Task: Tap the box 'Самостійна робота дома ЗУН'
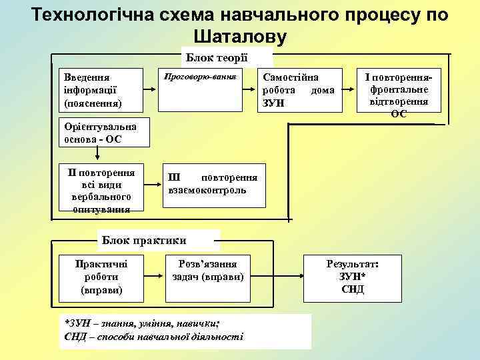click(x=300, y=89)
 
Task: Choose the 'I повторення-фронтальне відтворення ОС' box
click(x=399, y=95)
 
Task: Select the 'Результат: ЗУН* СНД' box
click(x=353, y=277)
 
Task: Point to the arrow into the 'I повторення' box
click(x=349, y=89)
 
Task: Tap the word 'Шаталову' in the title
click(x=240, y=37)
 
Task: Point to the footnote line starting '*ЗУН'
click(x=143, y=323)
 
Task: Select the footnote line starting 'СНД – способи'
click(x=153, y=337)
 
